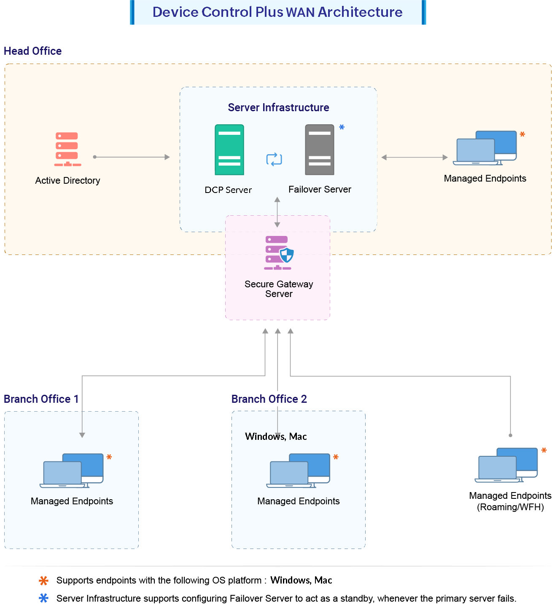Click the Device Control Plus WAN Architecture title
[x=277, y=12]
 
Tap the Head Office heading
[x=33, y=51]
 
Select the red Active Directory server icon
[x=67, y=149]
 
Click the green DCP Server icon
[x=229, y=150]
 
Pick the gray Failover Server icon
[x=320, y=150]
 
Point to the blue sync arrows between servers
[x=274, y=159]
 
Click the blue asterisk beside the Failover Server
[x=342, y=127]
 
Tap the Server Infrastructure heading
[x=278, y=107]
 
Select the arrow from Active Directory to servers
[x=132, y=157]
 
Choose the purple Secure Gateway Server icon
[x=278, y=252]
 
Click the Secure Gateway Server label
[x=279, y=289]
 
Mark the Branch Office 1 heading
[x=41, y=399]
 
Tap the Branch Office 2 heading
[x=269, y=399]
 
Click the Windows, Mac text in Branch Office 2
[x=276, y=436]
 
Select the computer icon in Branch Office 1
[x=72, y=471]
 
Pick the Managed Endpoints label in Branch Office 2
[x=299, y=501]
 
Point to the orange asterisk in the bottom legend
[x=43, y=581]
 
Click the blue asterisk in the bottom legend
[x=43, y=598]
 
